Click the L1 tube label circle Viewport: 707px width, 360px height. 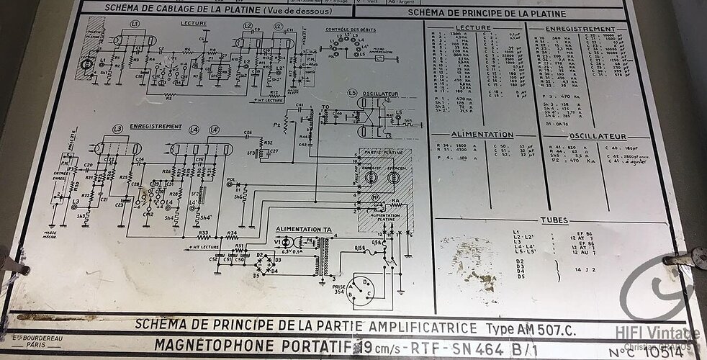[x=135, y=24]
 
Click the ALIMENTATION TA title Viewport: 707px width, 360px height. [x=304, y=229]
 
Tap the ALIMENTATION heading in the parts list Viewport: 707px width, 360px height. [x=482, y=135]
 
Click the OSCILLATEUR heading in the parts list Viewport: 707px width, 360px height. [x=599, y=135]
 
